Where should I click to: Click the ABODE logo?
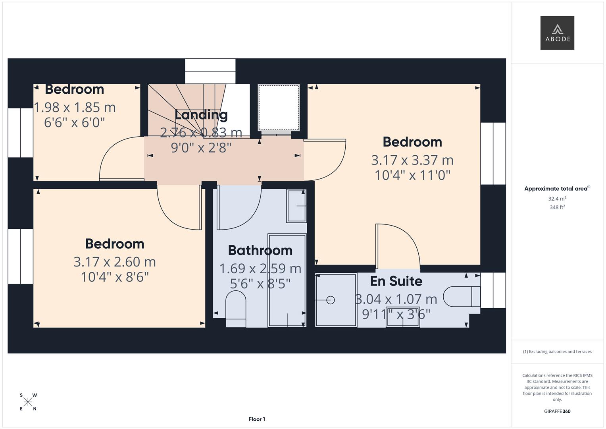click(x=557, y=33)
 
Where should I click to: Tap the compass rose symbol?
click(x=28, y=402)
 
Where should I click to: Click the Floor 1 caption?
click(x=257, y=419)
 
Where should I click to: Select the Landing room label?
click(x=201, y=115)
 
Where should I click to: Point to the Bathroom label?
click(x=260, y=250)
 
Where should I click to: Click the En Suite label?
click(x=396, y=281)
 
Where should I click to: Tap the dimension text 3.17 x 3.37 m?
click(x=412, y=160)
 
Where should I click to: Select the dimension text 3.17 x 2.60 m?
click(x=115, y=262)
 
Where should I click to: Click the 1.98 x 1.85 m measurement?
click(x=75, y=108)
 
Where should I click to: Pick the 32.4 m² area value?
click(x=557, y=199)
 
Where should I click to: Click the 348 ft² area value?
click(x=557, y=207)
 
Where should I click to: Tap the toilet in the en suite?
click(x=462, y=296)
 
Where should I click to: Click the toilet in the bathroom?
click(x=236, y=309)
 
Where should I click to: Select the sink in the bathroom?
click(x=296, y=206)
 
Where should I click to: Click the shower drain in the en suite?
click(x=330, y=300)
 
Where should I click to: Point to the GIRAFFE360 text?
click(x=557, y=411)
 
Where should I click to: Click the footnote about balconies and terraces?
click(x=557, y=352)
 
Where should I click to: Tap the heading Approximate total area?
click(x=557, y=189)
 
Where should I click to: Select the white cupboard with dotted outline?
click(x=279, y=108)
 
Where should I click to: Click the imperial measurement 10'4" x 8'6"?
click(x=115, y=277)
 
